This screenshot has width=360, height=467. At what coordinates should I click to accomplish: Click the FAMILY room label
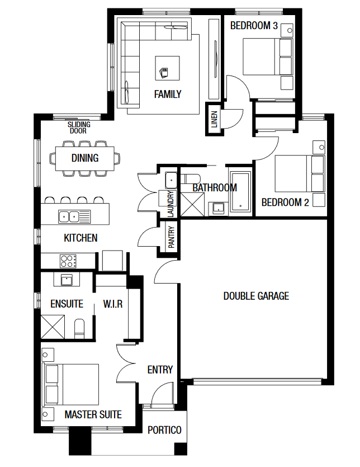click(x=168, y=95)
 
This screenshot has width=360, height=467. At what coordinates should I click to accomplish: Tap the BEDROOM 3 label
click(x=254, y=26)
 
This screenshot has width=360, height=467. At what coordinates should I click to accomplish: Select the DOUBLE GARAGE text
click(x=256, y=296)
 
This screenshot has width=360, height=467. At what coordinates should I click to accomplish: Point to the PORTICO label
click(x=164, y=430)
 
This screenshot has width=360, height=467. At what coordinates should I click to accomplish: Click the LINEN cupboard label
click(x=215, y=119)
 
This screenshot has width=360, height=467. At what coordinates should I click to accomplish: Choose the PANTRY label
click(x=171, y=237)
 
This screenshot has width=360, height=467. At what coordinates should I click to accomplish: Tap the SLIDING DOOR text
click(x=79, y=128)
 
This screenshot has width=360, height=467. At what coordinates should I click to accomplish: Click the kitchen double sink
click(x=74, y=216)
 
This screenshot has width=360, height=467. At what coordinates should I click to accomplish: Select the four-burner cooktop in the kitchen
click(x=68, y=261)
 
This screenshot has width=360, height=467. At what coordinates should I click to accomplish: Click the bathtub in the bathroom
click(x=240, y=191)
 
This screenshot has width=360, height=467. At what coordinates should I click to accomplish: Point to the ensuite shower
click(x=53, y=327)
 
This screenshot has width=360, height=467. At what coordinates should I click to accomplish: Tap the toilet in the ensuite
click(x=79, y=329)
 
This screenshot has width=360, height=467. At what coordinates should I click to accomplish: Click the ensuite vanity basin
click(x=67, y=280)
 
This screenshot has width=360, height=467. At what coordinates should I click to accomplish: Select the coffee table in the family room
click(x=167, y=68)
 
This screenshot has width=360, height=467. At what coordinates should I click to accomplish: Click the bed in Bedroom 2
click(x=299, y=173)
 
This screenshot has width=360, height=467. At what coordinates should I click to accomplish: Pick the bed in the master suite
click(x=71, y=384)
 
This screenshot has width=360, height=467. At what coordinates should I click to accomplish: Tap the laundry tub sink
click(x=171, y=180)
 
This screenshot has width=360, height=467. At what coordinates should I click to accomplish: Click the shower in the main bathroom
click(x=193, y=204)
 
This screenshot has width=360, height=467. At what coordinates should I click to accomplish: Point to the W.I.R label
click(x=112, y=304)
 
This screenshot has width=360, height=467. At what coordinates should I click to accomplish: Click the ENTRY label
click(x=160, y=370)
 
